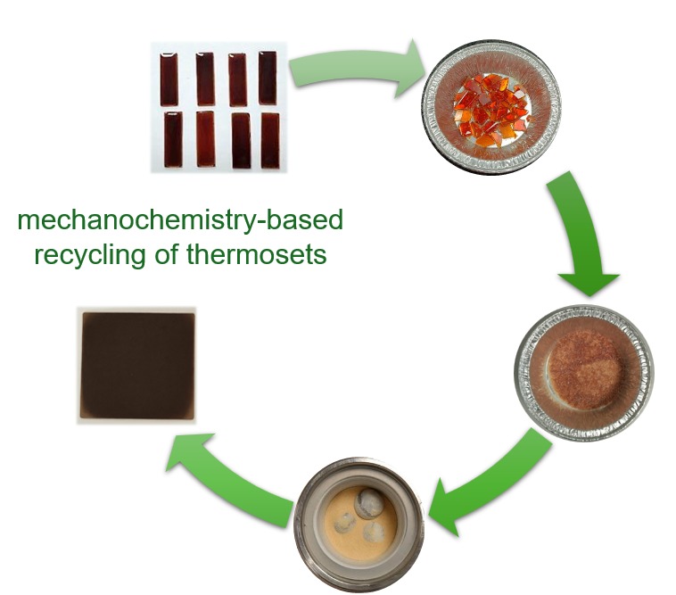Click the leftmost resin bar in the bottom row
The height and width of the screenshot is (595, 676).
[172, 139]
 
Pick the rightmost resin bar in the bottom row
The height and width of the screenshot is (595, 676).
[270, 140]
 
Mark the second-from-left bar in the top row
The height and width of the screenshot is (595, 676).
[204, 80]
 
